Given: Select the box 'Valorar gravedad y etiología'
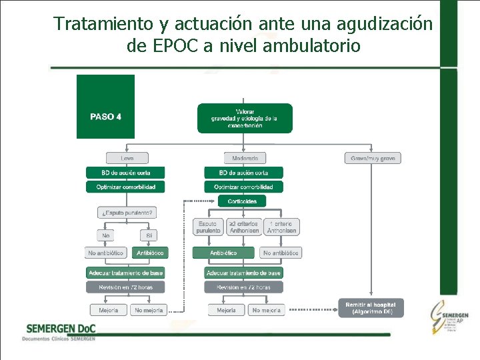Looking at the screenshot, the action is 245,118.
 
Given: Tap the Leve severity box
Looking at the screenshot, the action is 125,158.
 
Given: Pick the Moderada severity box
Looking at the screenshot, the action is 245,158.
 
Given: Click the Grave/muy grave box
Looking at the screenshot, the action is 373,158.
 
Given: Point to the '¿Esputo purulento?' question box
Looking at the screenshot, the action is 127,213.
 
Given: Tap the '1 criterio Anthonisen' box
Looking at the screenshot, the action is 281,227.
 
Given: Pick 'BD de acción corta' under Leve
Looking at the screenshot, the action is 125,173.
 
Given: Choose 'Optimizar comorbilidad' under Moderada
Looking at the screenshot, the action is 244,187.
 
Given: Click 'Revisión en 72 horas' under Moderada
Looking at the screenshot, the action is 244,287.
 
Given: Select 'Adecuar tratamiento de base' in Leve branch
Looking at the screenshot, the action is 125,273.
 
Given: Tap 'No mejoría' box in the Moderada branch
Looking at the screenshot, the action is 266,310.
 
